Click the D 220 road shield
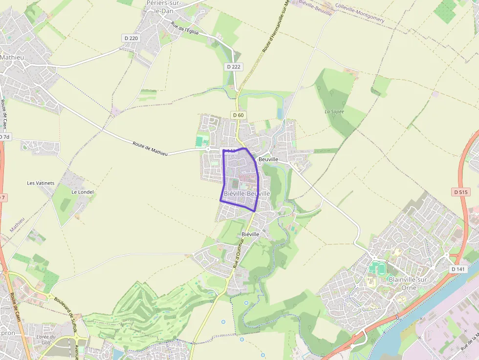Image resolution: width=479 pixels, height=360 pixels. click(131, 38)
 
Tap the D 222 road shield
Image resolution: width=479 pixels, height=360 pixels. click(234, 66)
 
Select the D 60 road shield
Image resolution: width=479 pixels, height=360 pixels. click(238, 115)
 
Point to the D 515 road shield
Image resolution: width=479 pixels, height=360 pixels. click(460, 192)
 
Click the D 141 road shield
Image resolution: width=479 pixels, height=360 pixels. click(458, 269)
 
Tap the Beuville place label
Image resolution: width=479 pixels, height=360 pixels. click(268, 160)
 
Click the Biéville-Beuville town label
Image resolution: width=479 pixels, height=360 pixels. click(247, 194)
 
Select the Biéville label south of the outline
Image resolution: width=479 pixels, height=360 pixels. click(250, 234)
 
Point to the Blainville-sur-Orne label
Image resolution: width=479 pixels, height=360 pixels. click(408, 283)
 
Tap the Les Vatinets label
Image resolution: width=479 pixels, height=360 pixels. click(41, 183)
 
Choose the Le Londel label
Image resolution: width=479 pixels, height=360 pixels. click(82, 192)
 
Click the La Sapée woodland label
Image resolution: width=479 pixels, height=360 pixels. click(335, 111)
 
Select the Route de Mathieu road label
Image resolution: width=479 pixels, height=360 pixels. click(150, 148)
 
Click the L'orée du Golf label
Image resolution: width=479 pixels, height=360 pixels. click(46, 340)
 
